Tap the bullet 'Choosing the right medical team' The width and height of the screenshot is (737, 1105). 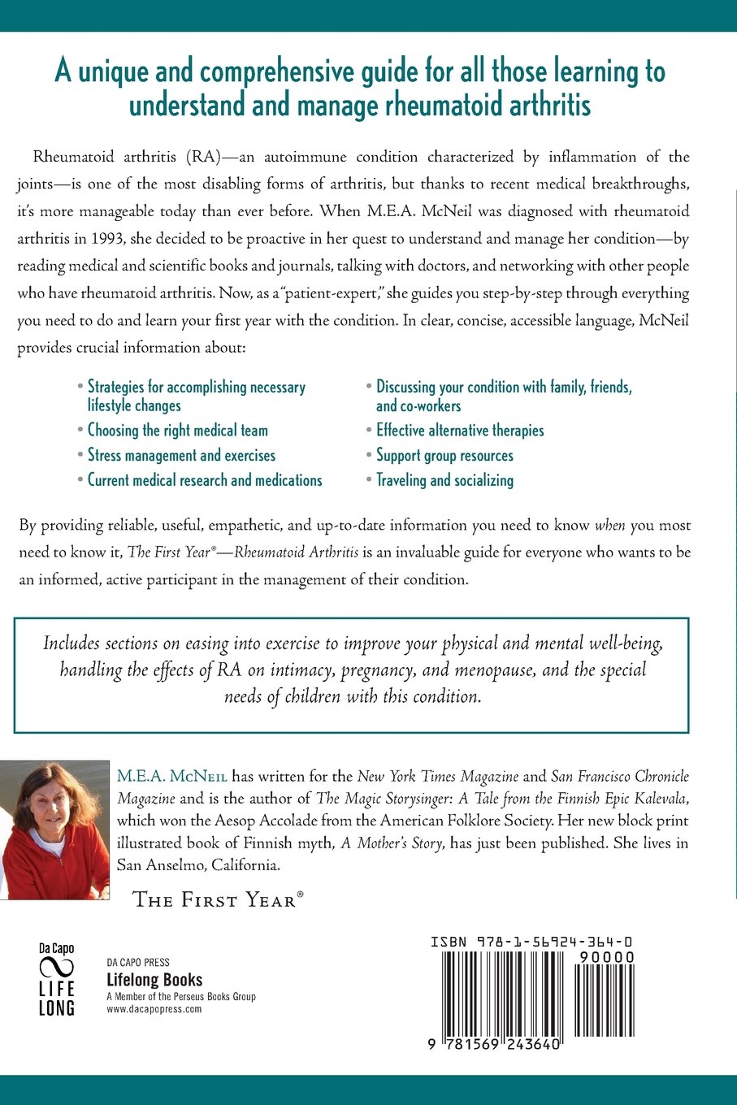(x=177, y=431)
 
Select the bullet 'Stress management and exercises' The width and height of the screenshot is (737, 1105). (x=181, y=456)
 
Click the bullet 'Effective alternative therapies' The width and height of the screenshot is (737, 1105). (x=460, y=431)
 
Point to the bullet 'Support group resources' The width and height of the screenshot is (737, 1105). (x=444, y=456)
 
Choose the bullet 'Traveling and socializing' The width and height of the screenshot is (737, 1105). (x=444, y=480)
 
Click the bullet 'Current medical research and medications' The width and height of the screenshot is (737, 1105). (x=205, y=480)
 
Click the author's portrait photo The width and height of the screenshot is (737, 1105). (x=54, y=830)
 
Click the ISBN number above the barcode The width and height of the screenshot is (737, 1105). (x=532, y=942)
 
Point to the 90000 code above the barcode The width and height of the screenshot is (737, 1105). (x=607, y=958)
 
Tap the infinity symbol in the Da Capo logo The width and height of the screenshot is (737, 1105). (x=57, y=968)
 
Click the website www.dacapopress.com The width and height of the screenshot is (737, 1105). (x=154, y=1009)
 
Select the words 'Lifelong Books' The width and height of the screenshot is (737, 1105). (x=154, y=980)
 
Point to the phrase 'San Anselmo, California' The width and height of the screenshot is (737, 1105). (x=198, y=865)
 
